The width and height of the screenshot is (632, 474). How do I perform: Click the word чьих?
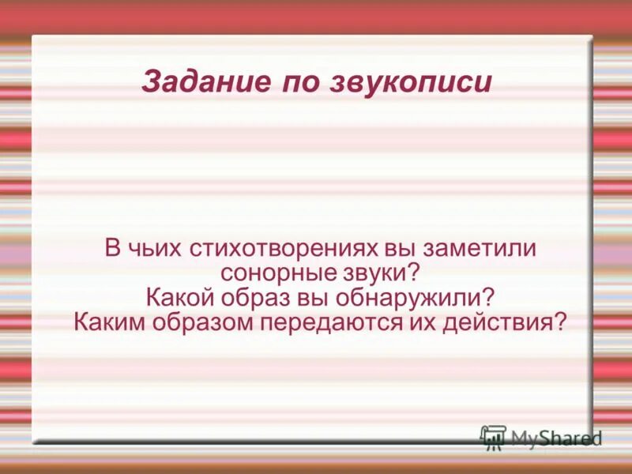click(153, 248)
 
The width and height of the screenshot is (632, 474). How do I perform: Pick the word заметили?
click(482, 248)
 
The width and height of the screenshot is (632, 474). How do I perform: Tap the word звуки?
click(374, 273)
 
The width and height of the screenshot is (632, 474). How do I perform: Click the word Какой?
click(179, 299)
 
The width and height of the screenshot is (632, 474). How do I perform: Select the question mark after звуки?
click(412, 273)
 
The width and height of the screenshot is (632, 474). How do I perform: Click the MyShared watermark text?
click(556, 438)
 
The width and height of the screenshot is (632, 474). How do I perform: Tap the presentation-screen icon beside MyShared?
click(493, 437)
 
